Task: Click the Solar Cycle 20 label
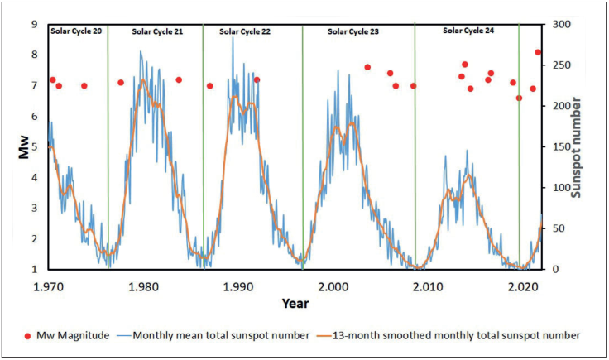click(77, 31)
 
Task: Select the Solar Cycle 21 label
click(157, 31)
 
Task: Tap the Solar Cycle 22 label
click(245, 31)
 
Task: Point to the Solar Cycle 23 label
click(353, 31)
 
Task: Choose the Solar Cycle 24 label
click(468, 31)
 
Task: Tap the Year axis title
click(295, 304)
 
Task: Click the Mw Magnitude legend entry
click(63, 335)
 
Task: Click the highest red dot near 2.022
click(538, 52)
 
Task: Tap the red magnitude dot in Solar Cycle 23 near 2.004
click(367, 67)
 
